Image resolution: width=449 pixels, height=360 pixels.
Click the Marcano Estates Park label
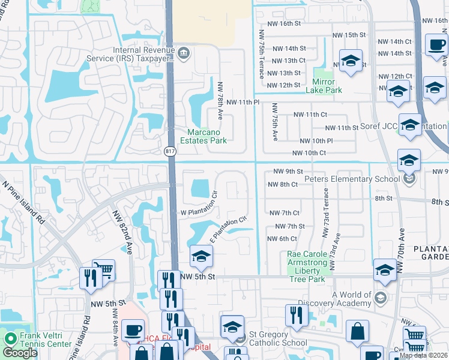tap(206, 136)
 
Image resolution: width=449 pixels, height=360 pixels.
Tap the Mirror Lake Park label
tap(327, 86)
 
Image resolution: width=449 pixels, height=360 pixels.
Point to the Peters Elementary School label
tap(352, 179)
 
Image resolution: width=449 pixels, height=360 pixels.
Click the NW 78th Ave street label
tap(220, 99)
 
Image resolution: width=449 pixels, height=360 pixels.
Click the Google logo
tap(20, 353)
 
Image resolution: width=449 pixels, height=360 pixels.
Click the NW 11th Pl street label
tap(243, 103)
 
